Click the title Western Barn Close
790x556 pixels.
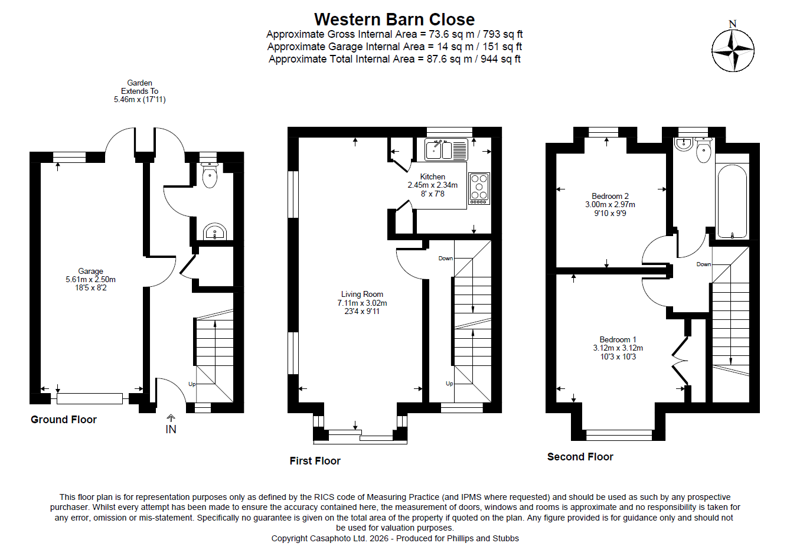click(x=394, y=19)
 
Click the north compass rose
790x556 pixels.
click(x=733, y=50)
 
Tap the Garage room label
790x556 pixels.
click(x=90, y=279)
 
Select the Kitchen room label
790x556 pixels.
click(x=432, y=185)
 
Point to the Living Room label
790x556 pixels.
click(x=362, y=302)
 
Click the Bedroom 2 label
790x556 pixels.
click(x=610, y=204)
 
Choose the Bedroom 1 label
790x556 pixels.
click(x=618, y=348)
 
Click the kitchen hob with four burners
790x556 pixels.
click(x=479, y=188)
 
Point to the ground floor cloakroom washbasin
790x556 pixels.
click(x=215, y=232)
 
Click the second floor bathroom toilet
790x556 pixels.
click(x=704, y=151)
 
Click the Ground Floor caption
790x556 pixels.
click(x=64, y=420)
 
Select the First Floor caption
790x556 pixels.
click(x=315, y=461)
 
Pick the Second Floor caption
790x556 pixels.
click(x=580, y=457)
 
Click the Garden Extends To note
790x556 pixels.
click(x=140, y=91)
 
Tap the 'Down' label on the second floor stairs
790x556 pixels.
click(x=703, y=264)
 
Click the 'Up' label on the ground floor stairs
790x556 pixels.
click(x=192, y=384)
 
